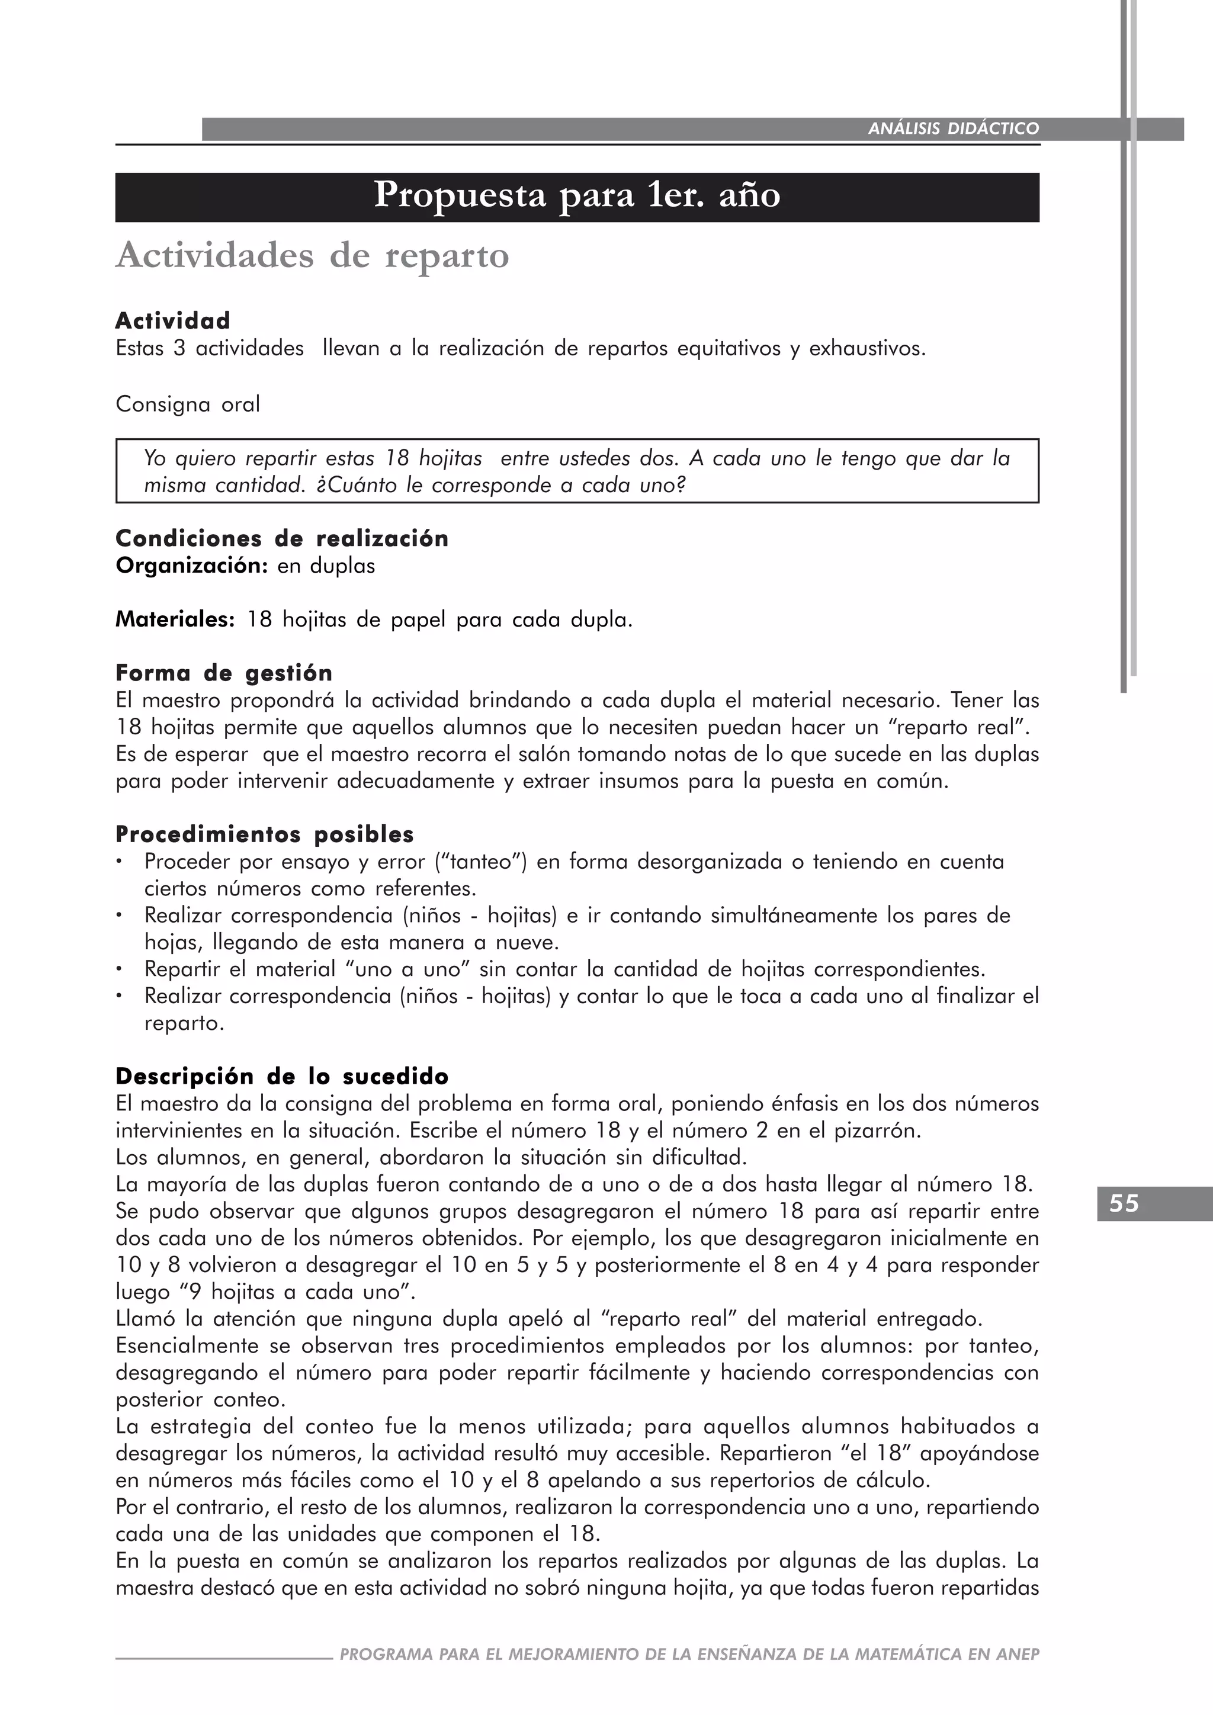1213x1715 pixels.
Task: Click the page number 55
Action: pyautogui.click(x=1124, y=1203)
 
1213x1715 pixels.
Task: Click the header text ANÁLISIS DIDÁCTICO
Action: pyautogui.click(x=953, y=129)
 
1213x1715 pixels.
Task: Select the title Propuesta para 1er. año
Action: pyautogui.click(x=577, y=195)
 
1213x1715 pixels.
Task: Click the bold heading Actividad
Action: pyautogui.click(x=172, y=320)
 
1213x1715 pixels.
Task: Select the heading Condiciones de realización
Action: pyautogui.click(x=281, y=538)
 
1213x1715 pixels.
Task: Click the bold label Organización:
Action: pyautogui.click(x=191, y=566)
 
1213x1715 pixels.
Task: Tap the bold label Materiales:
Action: pyautogui.click(x=175, y=620)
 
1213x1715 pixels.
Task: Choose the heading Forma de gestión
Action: pyautogui.click(x=223, y=673)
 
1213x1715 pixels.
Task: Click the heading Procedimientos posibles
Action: pyautogui.click(x=264, y=834)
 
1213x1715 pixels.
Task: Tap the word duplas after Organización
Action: pyautogui.click(x=343, y=566)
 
